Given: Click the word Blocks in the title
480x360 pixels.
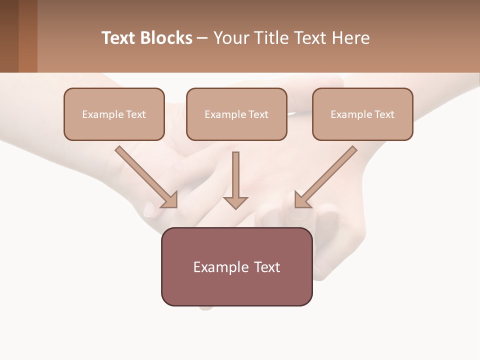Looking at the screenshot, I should pyautogui.click(x=166, y=38).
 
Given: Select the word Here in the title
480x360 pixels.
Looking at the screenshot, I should pyautogui.click(x=350, y=38).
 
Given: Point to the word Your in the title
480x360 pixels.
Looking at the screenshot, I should pyautogui.click(x=231, y=38).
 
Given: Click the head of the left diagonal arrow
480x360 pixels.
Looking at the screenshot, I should pyautogui.click(x=170, y=200).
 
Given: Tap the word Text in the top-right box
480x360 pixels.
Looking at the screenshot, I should pyautogui.click(x=384, y=114).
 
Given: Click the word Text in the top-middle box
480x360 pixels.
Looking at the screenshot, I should pyautogui.click(x=258, y=114).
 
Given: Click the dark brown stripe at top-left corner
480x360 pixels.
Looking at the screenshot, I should pyautogui.click(x=9, y=36).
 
